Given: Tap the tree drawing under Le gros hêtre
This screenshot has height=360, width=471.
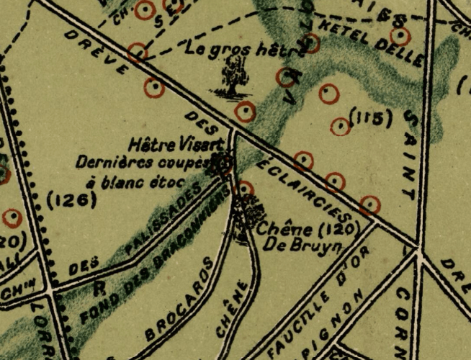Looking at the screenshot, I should [x=233, y=78].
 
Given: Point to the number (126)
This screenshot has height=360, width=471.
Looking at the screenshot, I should [x=71, y=201].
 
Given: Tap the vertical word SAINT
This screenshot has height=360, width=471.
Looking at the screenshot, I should [x=411, y=155].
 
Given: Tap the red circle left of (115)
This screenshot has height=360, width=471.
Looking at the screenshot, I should [x=341, y=127].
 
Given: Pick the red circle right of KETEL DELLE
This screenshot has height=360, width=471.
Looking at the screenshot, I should [x=400, y=36].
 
